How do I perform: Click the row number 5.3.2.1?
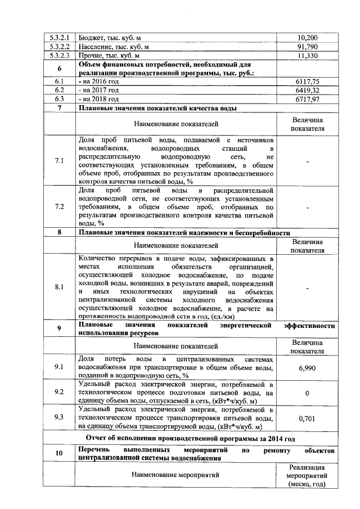(x=59, y=38)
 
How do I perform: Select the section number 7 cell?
(x=59, y=108)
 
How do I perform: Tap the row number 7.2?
(x=59, y=206)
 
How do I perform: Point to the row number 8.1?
(x=59, y=287)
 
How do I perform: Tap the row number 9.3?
(x=59, y=417)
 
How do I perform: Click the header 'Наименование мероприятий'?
(x=175, y=475)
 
